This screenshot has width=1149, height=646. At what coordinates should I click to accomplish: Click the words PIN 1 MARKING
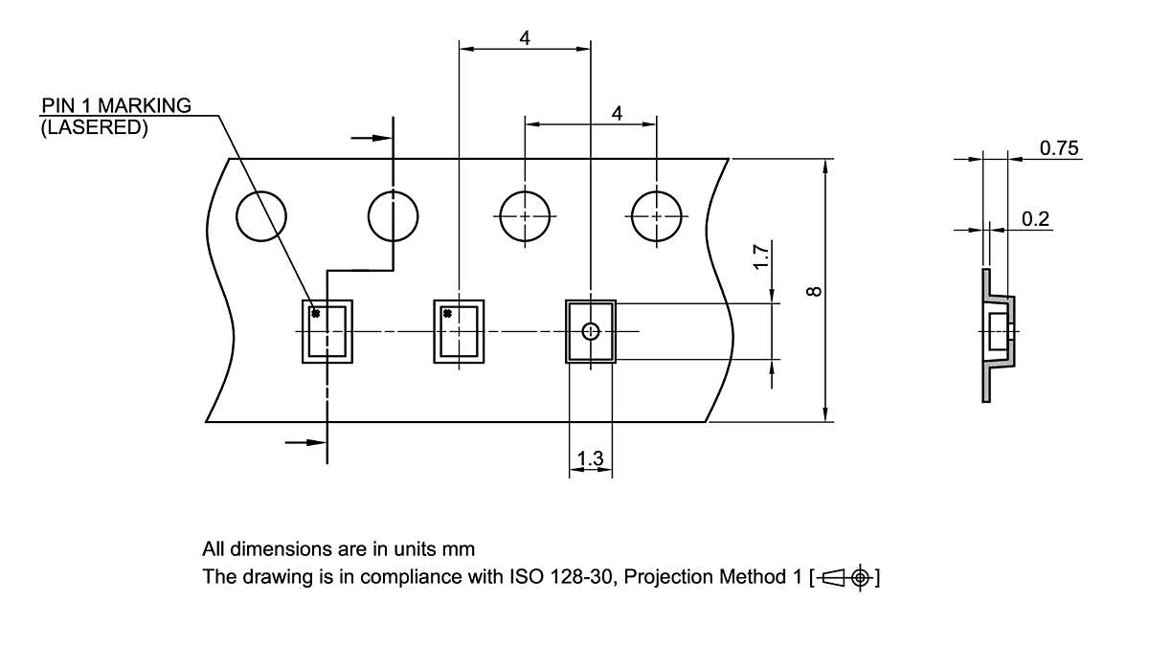(116, 105)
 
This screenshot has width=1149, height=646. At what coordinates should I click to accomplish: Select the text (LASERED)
(94, 126)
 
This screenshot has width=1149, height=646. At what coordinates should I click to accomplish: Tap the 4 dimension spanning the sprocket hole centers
(617, 113)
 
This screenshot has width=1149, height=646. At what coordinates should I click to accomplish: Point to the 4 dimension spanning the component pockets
(525, 38)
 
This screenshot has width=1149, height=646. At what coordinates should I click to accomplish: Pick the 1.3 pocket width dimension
(591, 460)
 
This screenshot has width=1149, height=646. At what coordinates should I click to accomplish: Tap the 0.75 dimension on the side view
(1059, 148)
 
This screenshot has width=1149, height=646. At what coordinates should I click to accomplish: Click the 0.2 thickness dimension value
(1035, 219)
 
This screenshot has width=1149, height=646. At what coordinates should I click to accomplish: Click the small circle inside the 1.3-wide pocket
(591, 331)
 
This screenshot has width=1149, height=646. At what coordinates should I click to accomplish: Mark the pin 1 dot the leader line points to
(315, 313)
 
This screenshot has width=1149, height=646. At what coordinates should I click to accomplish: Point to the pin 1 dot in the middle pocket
(446, 313)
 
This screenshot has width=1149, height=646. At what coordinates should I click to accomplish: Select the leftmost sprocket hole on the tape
(261, 216)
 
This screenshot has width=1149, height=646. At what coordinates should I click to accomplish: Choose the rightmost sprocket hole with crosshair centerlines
(656, 216)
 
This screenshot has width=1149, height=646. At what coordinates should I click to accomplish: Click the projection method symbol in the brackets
(845, 578)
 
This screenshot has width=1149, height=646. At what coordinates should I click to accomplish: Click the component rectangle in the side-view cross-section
(997, 331)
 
